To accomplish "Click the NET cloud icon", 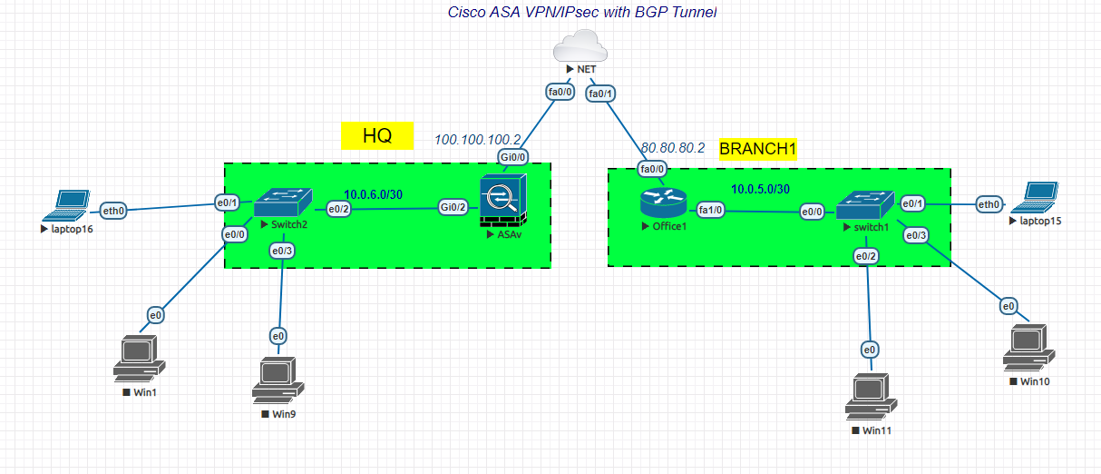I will (580, 45).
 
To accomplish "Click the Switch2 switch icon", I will (282, 202).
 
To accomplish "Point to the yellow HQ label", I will (376, 136).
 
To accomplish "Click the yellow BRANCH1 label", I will (757, 149).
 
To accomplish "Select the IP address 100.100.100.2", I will (478, 140).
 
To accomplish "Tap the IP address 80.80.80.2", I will (672, 147).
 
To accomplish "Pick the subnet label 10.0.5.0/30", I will (760, 188).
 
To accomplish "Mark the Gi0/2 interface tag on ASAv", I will (453, 207).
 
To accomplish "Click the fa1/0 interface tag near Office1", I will (710, 210).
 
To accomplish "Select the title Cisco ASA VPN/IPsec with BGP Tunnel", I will (582, 13).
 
